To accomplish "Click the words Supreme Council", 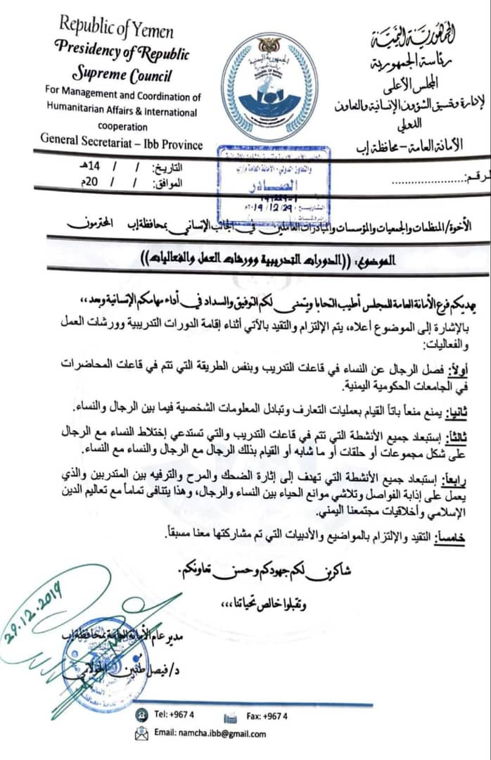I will (x=121, y=75).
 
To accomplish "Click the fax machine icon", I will (x=230, y=716).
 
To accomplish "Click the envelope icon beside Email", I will (x=141, y=734).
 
